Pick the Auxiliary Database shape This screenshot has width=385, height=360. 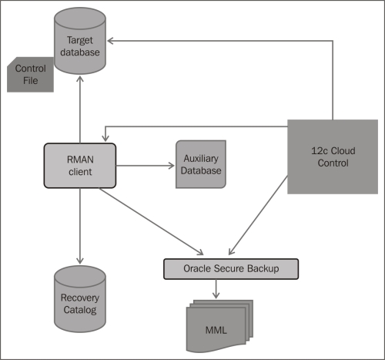tap(201, 164)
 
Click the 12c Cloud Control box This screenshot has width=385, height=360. tap(333, 156)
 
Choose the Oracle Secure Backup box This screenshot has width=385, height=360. tap(230, 268)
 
